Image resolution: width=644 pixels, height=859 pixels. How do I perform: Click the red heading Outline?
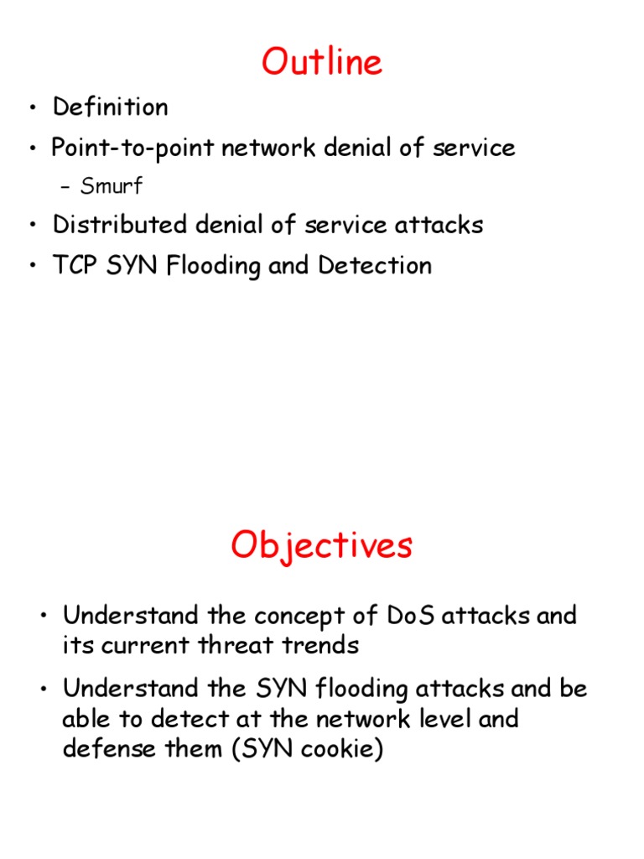[x=322, y=63]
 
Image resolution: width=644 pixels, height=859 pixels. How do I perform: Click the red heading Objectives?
[x=322, y=547]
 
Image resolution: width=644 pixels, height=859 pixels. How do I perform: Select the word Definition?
[x=110, y=107]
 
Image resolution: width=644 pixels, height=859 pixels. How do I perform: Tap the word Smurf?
[x=111, y=186]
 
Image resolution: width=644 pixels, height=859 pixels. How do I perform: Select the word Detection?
[x=375, y=266]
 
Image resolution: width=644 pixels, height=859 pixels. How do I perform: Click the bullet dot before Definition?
[x=33, y=108]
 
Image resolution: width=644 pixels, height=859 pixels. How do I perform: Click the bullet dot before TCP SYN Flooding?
[x=33, y=267]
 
